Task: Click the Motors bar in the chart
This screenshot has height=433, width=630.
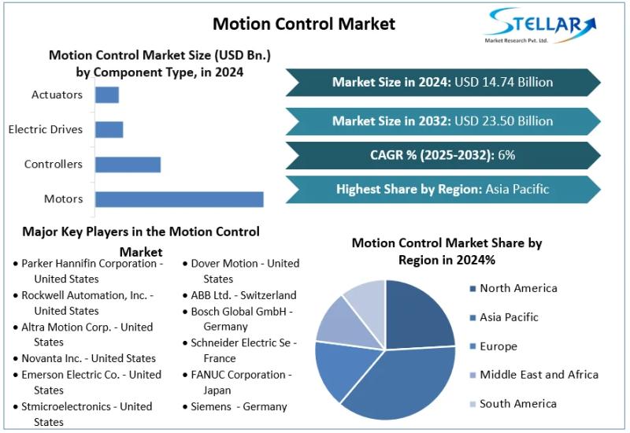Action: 180,199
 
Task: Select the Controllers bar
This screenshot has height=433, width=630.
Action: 128,165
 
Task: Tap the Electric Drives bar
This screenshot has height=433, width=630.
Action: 109,129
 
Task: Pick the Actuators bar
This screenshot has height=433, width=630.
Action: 106,94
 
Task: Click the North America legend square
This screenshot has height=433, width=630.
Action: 472,289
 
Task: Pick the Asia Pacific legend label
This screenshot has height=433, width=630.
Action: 509,317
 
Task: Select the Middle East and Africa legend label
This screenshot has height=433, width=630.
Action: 539,375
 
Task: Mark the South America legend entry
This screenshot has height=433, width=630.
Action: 517,404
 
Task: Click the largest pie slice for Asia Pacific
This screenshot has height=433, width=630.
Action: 394,386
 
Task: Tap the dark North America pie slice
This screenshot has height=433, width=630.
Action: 417,315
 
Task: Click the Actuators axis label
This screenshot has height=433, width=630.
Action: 57,94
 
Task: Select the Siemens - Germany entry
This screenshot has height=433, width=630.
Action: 239,407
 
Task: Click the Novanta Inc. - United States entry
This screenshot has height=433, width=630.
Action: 88,358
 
